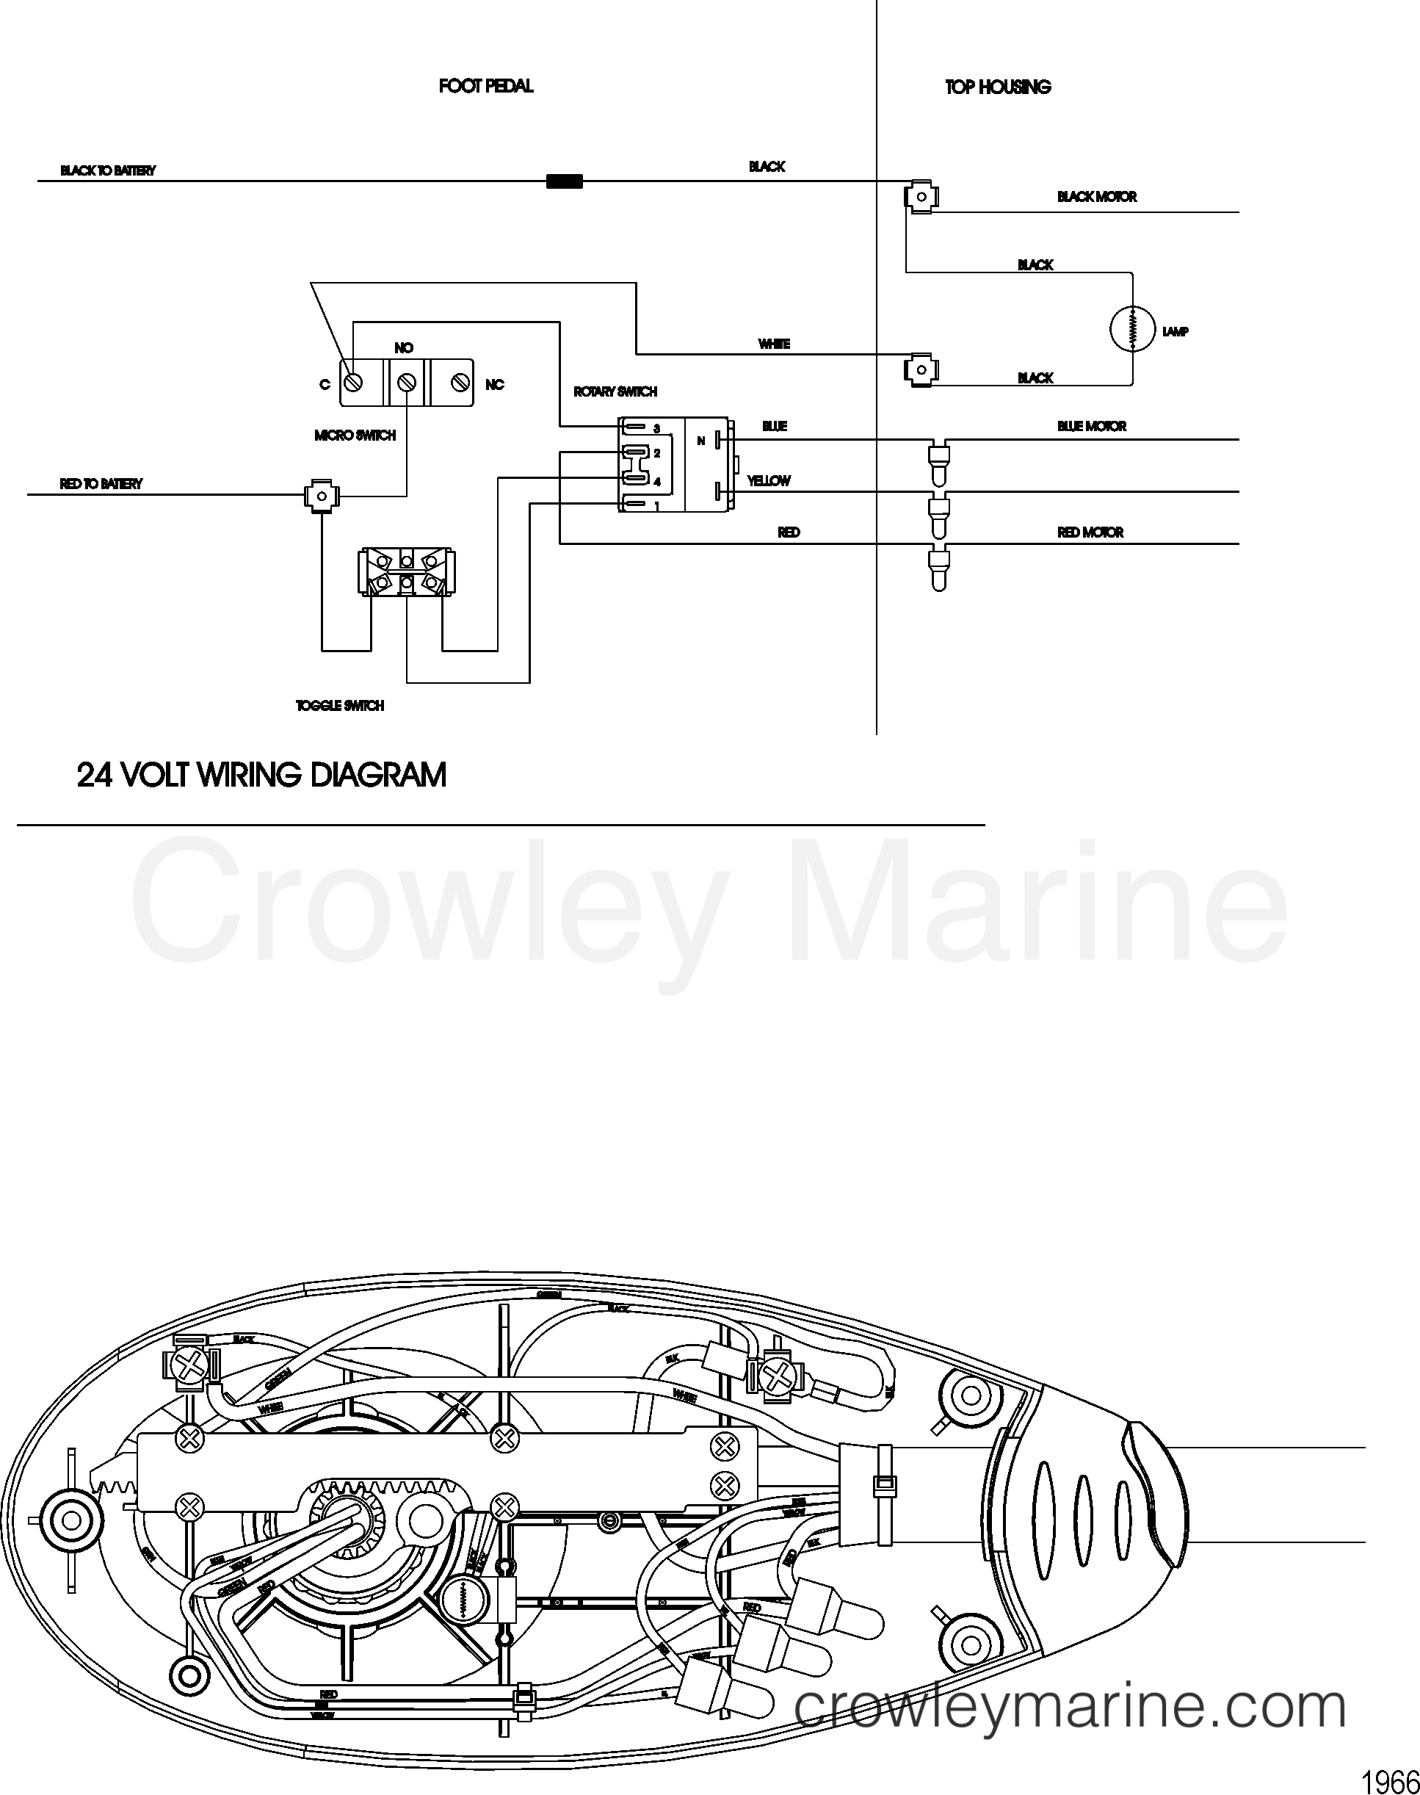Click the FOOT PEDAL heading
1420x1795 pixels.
pos(485,86)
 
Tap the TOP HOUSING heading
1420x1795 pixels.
pos(998,87)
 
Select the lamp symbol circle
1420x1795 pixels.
pos(1132,328)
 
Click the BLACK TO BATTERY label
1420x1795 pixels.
pos(107,170)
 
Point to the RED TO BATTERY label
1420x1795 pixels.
pos(101,484)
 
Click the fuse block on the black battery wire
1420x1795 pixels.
pos(564,181)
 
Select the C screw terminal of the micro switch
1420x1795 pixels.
pos(352,383)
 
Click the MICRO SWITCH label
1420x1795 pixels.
pos(355,436)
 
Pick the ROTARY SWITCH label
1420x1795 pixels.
pos(615,391)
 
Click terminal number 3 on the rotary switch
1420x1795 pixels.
pos(656,429)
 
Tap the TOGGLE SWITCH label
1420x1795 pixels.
pos(340,706)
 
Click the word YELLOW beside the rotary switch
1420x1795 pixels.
pos(768,480)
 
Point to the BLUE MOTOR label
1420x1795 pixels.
pos(1092,427)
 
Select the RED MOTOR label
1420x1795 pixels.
pos(1090,532)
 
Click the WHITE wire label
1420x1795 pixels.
pos(773,344)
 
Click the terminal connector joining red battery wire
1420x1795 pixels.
pos(321,496)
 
